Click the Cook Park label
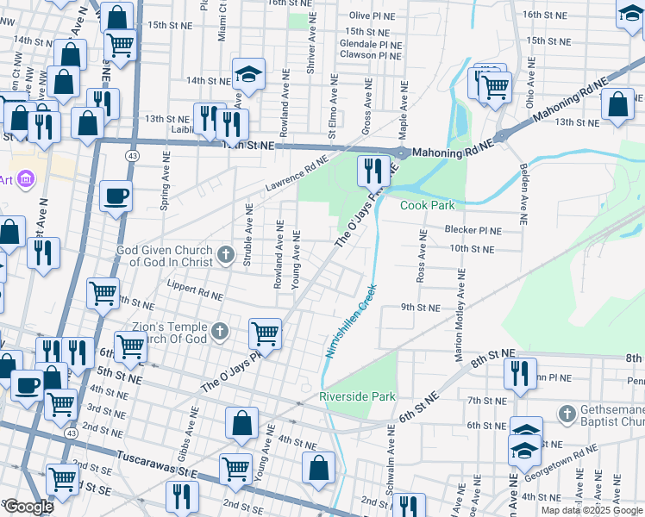tap(427, 205)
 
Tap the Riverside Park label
tap(356, 396)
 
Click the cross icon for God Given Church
tap(226, 254)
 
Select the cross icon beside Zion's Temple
tap(220, 331)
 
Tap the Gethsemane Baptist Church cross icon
tap(567, 414)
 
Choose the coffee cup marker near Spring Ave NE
tap(116, 196)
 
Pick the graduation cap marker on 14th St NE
tap(247, 74)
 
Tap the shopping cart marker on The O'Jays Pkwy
tap(265, 333)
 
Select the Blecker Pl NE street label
tap(473, 230)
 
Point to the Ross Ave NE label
tap(422, 257)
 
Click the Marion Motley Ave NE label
tap(461, 314)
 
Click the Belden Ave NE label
tap(522, 189)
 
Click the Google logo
tap(28, 507)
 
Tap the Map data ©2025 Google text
tap(591, 510)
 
